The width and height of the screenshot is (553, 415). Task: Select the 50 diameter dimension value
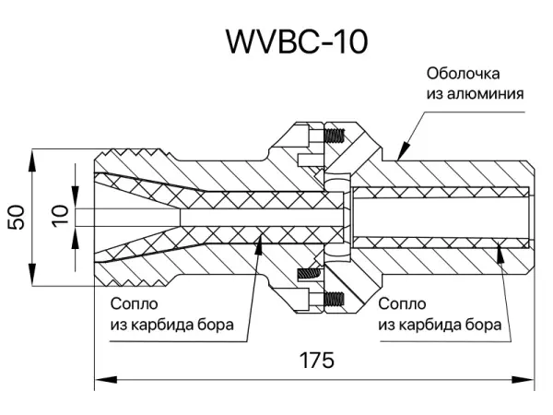point(16,217)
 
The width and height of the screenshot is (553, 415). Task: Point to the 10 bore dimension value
point(61,217)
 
